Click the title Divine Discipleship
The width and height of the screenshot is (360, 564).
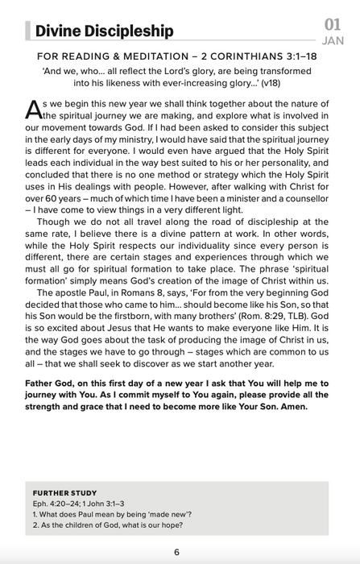(104, 31)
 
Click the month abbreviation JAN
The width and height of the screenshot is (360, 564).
(333, 40)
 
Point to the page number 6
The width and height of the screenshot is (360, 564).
(176, 551)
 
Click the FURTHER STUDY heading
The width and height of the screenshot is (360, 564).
(64, 492)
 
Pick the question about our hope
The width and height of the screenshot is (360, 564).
(106, 525)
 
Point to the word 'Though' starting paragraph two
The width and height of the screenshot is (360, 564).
(53, 221)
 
